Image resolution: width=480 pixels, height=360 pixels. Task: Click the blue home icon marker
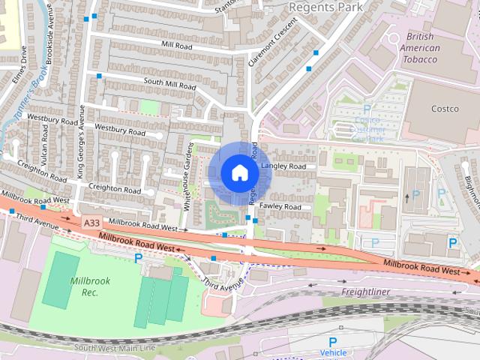click(x=239, y=173)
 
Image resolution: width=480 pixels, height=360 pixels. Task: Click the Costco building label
click(x=444, y=109)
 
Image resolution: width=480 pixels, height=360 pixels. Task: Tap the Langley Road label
click(x=285, y=166)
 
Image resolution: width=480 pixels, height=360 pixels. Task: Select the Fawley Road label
click(x=280, y=206)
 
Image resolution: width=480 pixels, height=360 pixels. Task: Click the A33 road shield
click(x=91, y=223)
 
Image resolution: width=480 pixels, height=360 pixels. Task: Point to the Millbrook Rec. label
click(x=89, y=286)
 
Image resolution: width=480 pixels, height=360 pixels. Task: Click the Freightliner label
click(x=367, y=291)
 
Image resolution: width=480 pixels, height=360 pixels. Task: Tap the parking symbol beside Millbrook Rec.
click(x=137, y=258)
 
